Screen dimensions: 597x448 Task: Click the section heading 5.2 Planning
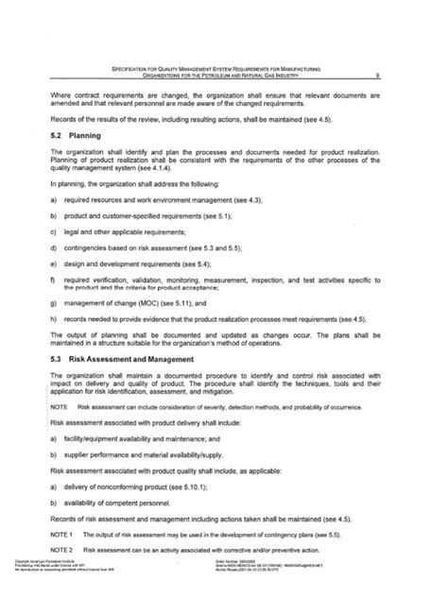[x=76, y=135]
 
